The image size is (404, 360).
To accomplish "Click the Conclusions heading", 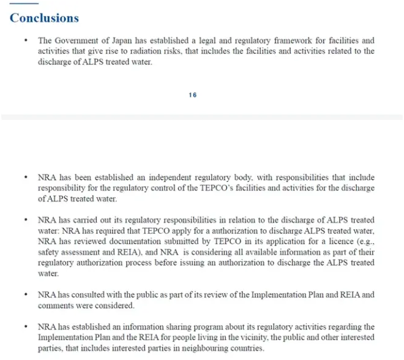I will (44, 18).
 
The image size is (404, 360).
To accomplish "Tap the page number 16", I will (193, 95).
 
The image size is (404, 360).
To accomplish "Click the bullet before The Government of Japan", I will (25, 41).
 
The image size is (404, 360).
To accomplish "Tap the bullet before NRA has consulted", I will (25, 294).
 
